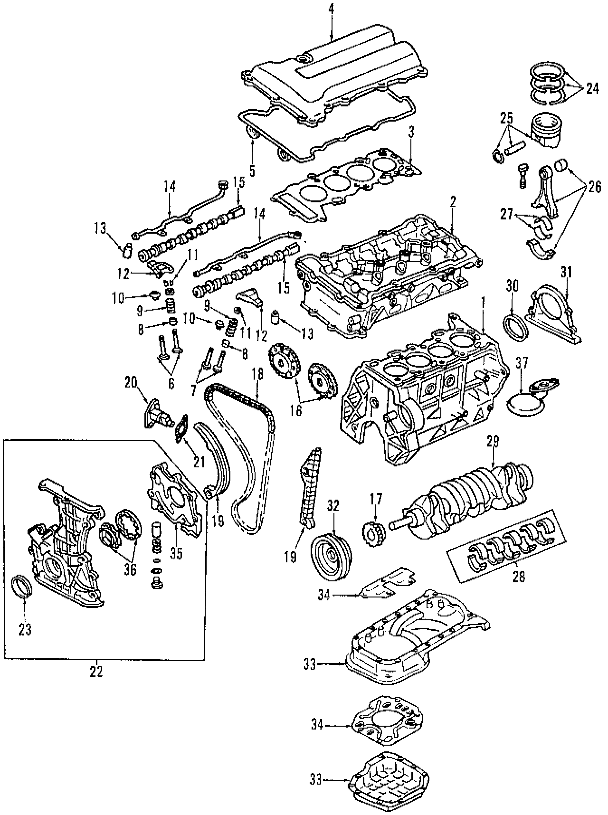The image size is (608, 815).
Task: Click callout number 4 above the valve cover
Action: point(331,8)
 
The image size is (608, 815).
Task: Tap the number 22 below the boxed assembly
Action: point(96,673)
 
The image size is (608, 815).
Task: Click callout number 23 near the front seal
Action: point(25,630)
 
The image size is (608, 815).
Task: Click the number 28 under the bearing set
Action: point(519,577)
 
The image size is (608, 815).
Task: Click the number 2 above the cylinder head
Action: point(453,201)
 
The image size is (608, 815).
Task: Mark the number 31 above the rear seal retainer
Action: point(566,272)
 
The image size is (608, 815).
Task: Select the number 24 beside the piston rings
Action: point(592,88)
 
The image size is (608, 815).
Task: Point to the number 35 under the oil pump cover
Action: point(176,554)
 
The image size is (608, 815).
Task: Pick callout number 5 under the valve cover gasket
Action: point(252,170)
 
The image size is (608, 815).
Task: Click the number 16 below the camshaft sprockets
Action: point(295,410)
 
